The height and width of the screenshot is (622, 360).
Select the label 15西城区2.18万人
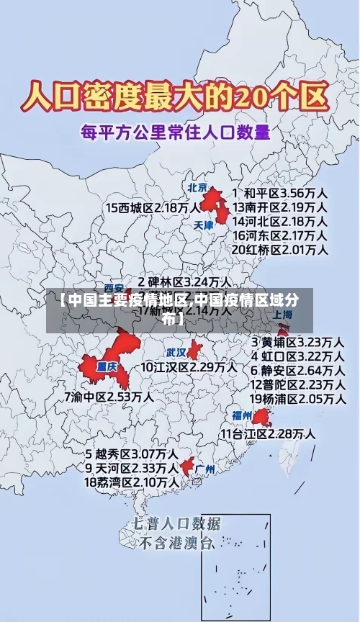coord(153,207)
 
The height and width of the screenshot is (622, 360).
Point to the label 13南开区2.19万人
coord(279,207)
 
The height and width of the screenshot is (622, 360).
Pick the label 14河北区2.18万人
coord(279,221)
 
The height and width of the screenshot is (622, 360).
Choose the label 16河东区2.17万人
coord(279,235)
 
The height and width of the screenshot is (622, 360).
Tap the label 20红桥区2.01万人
coord(279,250)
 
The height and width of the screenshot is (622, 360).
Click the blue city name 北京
coord(197,187)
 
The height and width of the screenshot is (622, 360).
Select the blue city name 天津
coord(204,225)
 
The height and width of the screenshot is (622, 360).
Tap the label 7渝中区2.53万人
coord(109,396)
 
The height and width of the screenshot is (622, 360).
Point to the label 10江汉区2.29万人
coord(189,366)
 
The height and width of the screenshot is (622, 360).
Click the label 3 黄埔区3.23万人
coord(297,341)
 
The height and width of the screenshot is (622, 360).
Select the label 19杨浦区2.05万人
coord(297,398)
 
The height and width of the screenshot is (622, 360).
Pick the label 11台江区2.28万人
coord(268,433)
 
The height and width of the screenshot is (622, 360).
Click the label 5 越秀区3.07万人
coord(132,454)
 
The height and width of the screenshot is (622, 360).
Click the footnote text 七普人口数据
coord(177,523)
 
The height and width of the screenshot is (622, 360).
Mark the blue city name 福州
coord(242,415)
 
